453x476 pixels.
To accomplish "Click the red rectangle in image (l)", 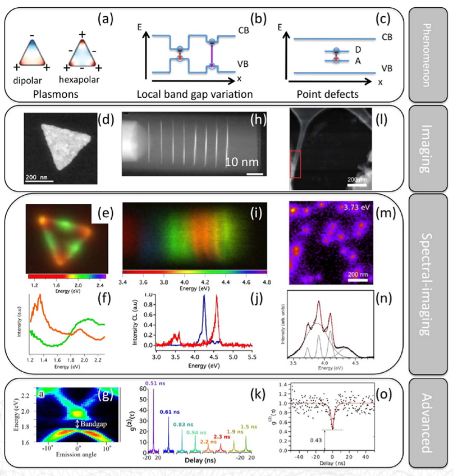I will [297, 166].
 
